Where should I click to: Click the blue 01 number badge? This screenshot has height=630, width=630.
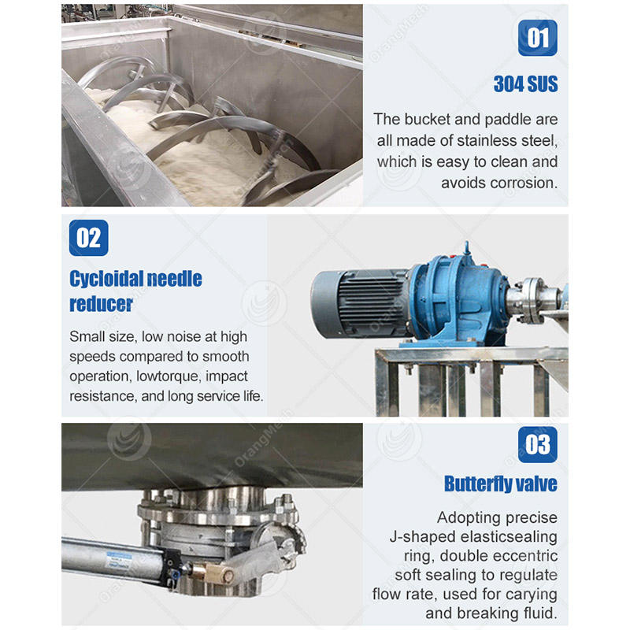(537, 38)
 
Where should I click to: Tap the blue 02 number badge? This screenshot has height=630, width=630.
(88, 238)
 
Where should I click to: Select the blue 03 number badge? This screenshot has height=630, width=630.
(538, 445)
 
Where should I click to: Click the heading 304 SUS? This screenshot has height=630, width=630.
(525, 84)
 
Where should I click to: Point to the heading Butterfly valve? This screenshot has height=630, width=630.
(501, 484)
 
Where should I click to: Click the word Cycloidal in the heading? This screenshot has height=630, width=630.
(106, 279)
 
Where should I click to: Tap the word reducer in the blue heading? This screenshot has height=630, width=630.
(101, 304)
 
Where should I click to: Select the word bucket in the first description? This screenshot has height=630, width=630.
(428, 120)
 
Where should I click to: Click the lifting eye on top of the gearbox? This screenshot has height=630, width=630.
(466, 247)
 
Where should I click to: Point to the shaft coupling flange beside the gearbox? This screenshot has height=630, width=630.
(529, 299)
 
